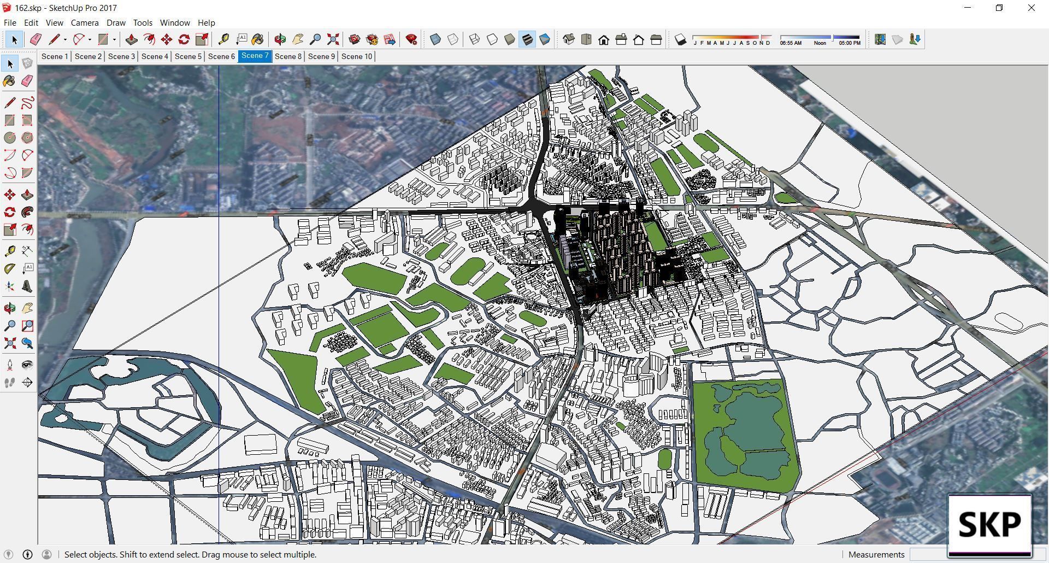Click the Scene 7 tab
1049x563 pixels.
[x=255, y=56]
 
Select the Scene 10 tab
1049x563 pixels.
[x=356, y=56]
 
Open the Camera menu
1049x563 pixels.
[x=85, y=23]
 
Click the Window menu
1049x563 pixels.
[x=175, y=23]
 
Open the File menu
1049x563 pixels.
[x=10, y=23]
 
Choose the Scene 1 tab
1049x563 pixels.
[x=55, y=56]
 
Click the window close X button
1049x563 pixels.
[x=1031, y=8]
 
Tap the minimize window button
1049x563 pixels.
[x=968, y=8]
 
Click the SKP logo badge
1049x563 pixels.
[x=989, y=525]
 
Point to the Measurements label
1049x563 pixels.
[x=876, y=554]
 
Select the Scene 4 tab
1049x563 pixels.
[x=155, y=56]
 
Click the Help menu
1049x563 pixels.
[x=206, y=23]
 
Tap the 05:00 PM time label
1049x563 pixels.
[x=850, y=43]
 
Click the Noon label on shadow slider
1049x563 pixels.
[x=820, y=43]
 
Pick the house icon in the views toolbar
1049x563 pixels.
[x=604, y=39]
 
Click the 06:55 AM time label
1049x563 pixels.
[x=791, y=43]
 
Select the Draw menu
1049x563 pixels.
[x=116, y=23]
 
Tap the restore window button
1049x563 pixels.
[x=999, y=8]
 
